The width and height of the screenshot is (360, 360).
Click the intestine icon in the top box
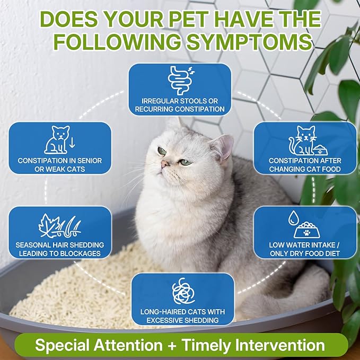coord(180,80)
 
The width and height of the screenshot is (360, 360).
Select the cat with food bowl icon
coord(305,141)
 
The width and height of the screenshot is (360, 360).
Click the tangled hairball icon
coord(183,291)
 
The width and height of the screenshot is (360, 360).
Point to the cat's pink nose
coord(165,164)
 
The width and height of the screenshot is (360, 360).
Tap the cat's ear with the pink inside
coord(223,147)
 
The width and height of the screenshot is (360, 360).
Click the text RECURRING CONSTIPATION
coord(180,110)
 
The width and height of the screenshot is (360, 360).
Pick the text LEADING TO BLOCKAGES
coord(60,254)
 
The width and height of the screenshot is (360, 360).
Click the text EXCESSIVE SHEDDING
coord(183,321)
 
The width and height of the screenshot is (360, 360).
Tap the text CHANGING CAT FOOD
coord(304,169)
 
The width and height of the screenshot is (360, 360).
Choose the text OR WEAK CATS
coord(60,169)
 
